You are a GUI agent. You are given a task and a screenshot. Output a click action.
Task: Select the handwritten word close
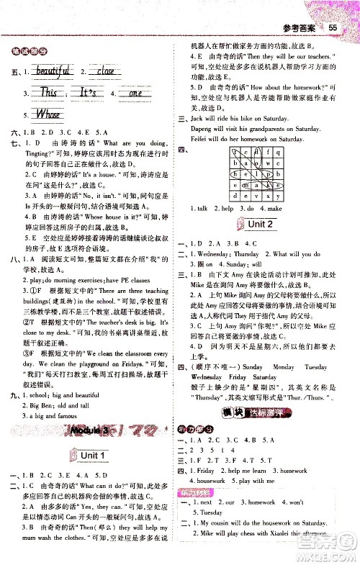(x=105, y=71)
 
